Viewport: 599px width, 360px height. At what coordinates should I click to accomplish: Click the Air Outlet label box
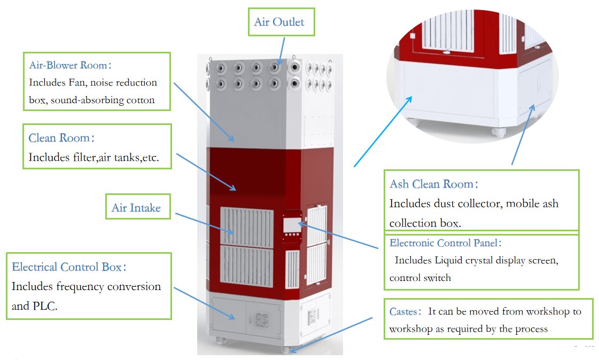click(x=281, y=22)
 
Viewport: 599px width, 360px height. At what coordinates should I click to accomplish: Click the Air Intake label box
click(x=138, y=207)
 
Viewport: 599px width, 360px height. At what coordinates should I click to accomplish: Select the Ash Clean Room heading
click(x=433, y=184)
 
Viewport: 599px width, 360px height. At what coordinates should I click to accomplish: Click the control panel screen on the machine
click(x=291, y=224)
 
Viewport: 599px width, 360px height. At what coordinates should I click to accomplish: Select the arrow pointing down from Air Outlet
click(x=282, y=51)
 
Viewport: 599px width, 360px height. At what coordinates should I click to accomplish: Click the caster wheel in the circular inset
click(x=499, y=132)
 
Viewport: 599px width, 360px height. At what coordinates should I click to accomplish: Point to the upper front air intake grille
click(x=247, y=227)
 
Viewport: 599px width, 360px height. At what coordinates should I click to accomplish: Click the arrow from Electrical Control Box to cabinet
click(x=204, y=303)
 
